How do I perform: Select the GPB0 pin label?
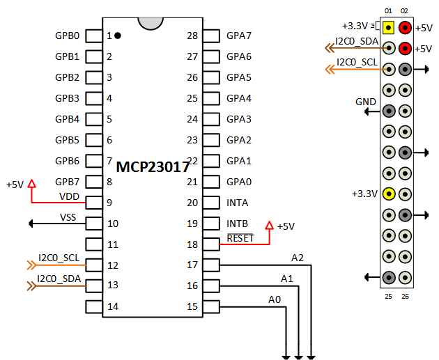pos(67,36)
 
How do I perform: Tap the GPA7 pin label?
pos(239,36)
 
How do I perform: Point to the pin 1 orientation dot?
pos(118,36)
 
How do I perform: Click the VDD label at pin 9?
pos(69,196)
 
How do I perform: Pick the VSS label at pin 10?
pos(68,217)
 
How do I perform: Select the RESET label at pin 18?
pos(240,238)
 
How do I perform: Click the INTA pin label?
pos(237,203)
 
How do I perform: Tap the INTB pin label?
pos(237,224)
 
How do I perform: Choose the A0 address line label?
pos(275,299)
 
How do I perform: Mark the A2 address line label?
pos(298,258)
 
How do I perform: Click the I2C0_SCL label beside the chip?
pos(59,258)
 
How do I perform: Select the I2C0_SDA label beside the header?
pos(357,42)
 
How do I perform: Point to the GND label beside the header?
pos(366,102)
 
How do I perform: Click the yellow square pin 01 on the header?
pos(388,28)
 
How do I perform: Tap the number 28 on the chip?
pos(193,36)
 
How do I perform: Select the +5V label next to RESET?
pos(286,226)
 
